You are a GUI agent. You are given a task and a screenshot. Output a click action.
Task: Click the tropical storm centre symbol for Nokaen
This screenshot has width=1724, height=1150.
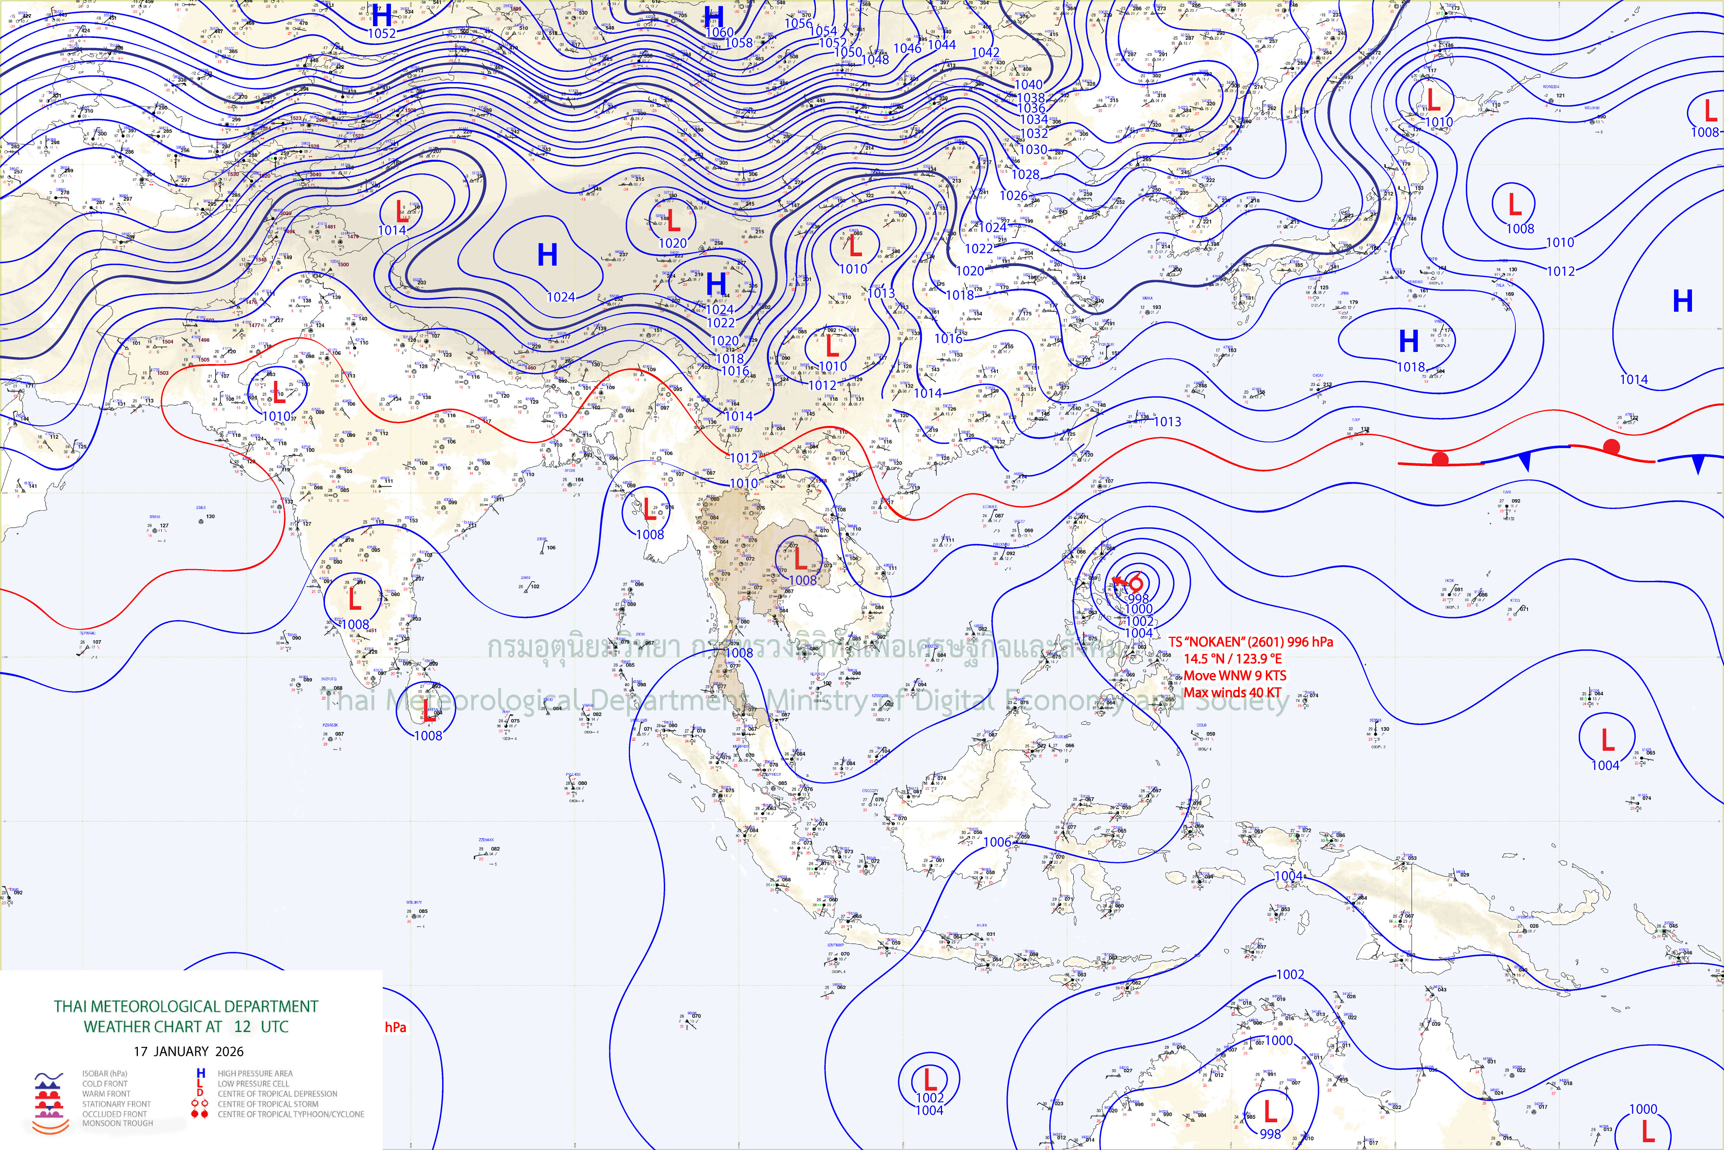pyautogui.click(x=1136, y=584)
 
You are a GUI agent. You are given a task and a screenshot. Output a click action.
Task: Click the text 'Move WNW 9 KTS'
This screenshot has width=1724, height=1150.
pyautogui.click(x=1235, y=675)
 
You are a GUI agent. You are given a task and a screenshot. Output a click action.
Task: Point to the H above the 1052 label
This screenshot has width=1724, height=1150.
pyautogui.click(x=382, y=15)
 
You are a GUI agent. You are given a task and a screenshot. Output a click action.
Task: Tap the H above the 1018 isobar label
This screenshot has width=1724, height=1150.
pyautogui.click(x=1409, y=341)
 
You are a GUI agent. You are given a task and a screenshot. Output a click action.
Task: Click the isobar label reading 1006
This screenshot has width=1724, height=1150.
pyautogui.click(x=997, y=842)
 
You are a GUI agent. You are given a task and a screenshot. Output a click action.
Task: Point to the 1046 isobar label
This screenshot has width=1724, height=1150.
pyautogui.click(x=907, y=48)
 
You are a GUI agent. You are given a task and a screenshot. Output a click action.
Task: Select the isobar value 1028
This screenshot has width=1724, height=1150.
pyautogui.click(x=1025, y=175)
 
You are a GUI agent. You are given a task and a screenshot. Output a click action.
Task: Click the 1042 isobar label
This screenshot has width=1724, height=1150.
pyautogui.click(x=985, y=53)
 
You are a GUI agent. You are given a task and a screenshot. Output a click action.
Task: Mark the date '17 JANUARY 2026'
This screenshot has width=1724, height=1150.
pyautogui.click(x=189, y=1051)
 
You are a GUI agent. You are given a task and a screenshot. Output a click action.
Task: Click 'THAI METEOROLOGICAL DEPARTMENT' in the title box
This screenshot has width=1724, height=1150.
pyautogui.click(x=186, y=1006)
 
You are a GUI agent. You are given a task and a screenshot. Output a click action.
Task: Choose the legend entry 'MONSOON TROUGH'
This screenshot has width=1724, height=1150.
pyautogui.click(x=117, y=1123)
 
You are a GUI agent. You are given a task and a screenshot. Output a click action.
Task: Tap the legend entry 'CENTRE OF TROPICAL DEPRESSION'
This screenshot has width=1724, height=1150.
pyautogui.click(x=277, y=1093)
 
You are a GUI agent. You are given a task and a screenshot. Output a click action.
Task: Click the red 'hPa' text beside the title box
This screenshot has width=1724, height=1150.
pyautogui.click(x=395, y=1027)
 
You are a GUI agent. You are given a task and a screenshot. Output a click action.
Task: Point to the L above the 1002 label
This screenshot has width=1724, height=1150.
pyautogui.click(x=930, y=1080)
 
